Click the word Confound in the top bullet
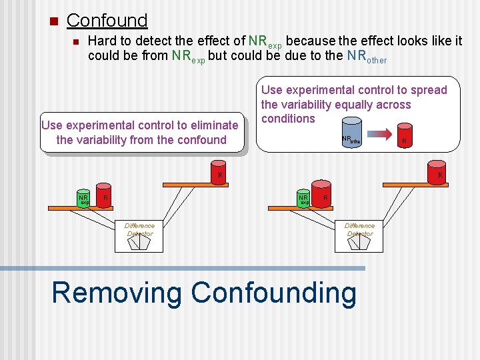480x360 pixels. click(107, 21)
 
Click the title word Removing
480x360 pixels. click(117, 293)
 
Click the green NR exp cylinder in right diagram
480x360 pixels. click(304, 198)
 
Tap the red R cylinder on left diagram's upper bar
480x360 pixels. click(218, 171)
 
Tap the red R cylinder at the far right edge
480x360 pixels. click(437, 171)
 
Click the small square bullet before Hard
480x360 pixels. click(76, 41)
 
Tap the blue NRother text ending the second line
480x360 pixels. click(367, 57)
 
